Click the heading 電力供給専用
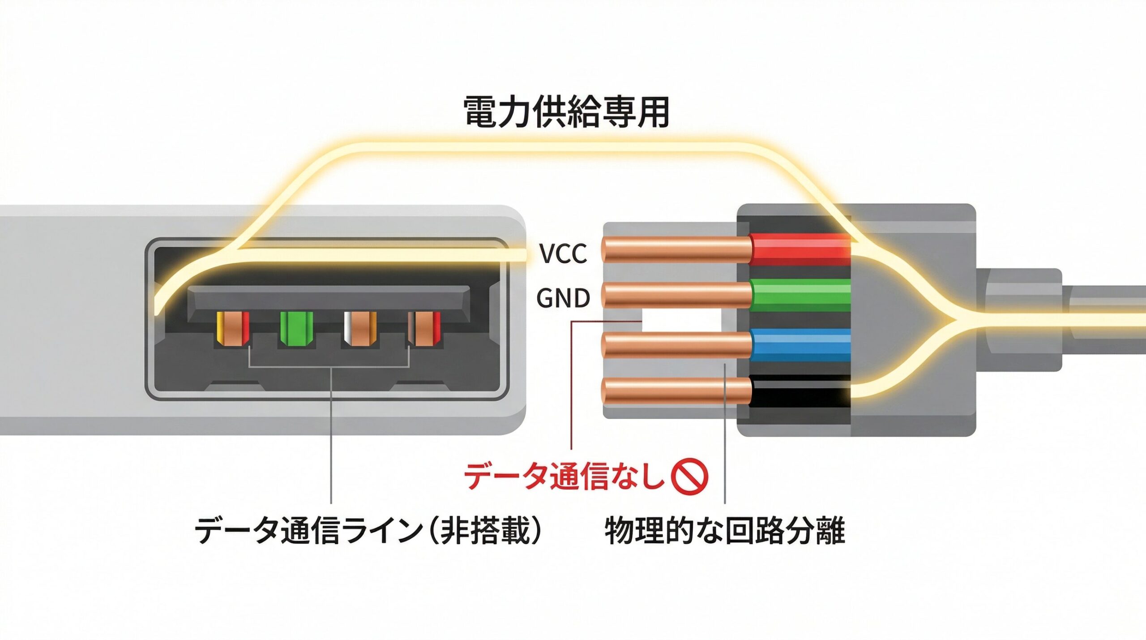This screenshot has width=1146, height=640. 566,112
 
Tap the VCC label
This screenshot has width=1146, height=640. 563,253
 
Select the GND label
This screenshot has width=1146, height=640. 563,298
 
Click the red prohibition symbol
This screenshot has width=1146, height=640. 690,477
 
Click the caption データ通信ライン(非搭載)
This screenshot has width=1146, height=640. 368,530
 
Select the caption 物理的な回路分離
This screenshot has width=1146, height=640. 724,530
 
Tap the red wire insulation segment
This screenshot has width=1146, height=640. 800,249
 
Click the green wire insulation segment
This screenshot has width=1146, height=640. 800,295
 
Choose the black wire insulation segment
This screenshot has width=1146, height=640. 800,391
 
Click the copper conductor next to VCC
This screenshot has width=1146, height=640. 676,249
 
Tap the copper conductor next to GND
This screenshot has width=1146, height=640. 676,296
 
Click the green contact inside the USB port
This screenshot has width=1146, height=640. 296,329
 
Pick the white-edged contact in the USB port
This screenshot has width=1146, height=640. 359,329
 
